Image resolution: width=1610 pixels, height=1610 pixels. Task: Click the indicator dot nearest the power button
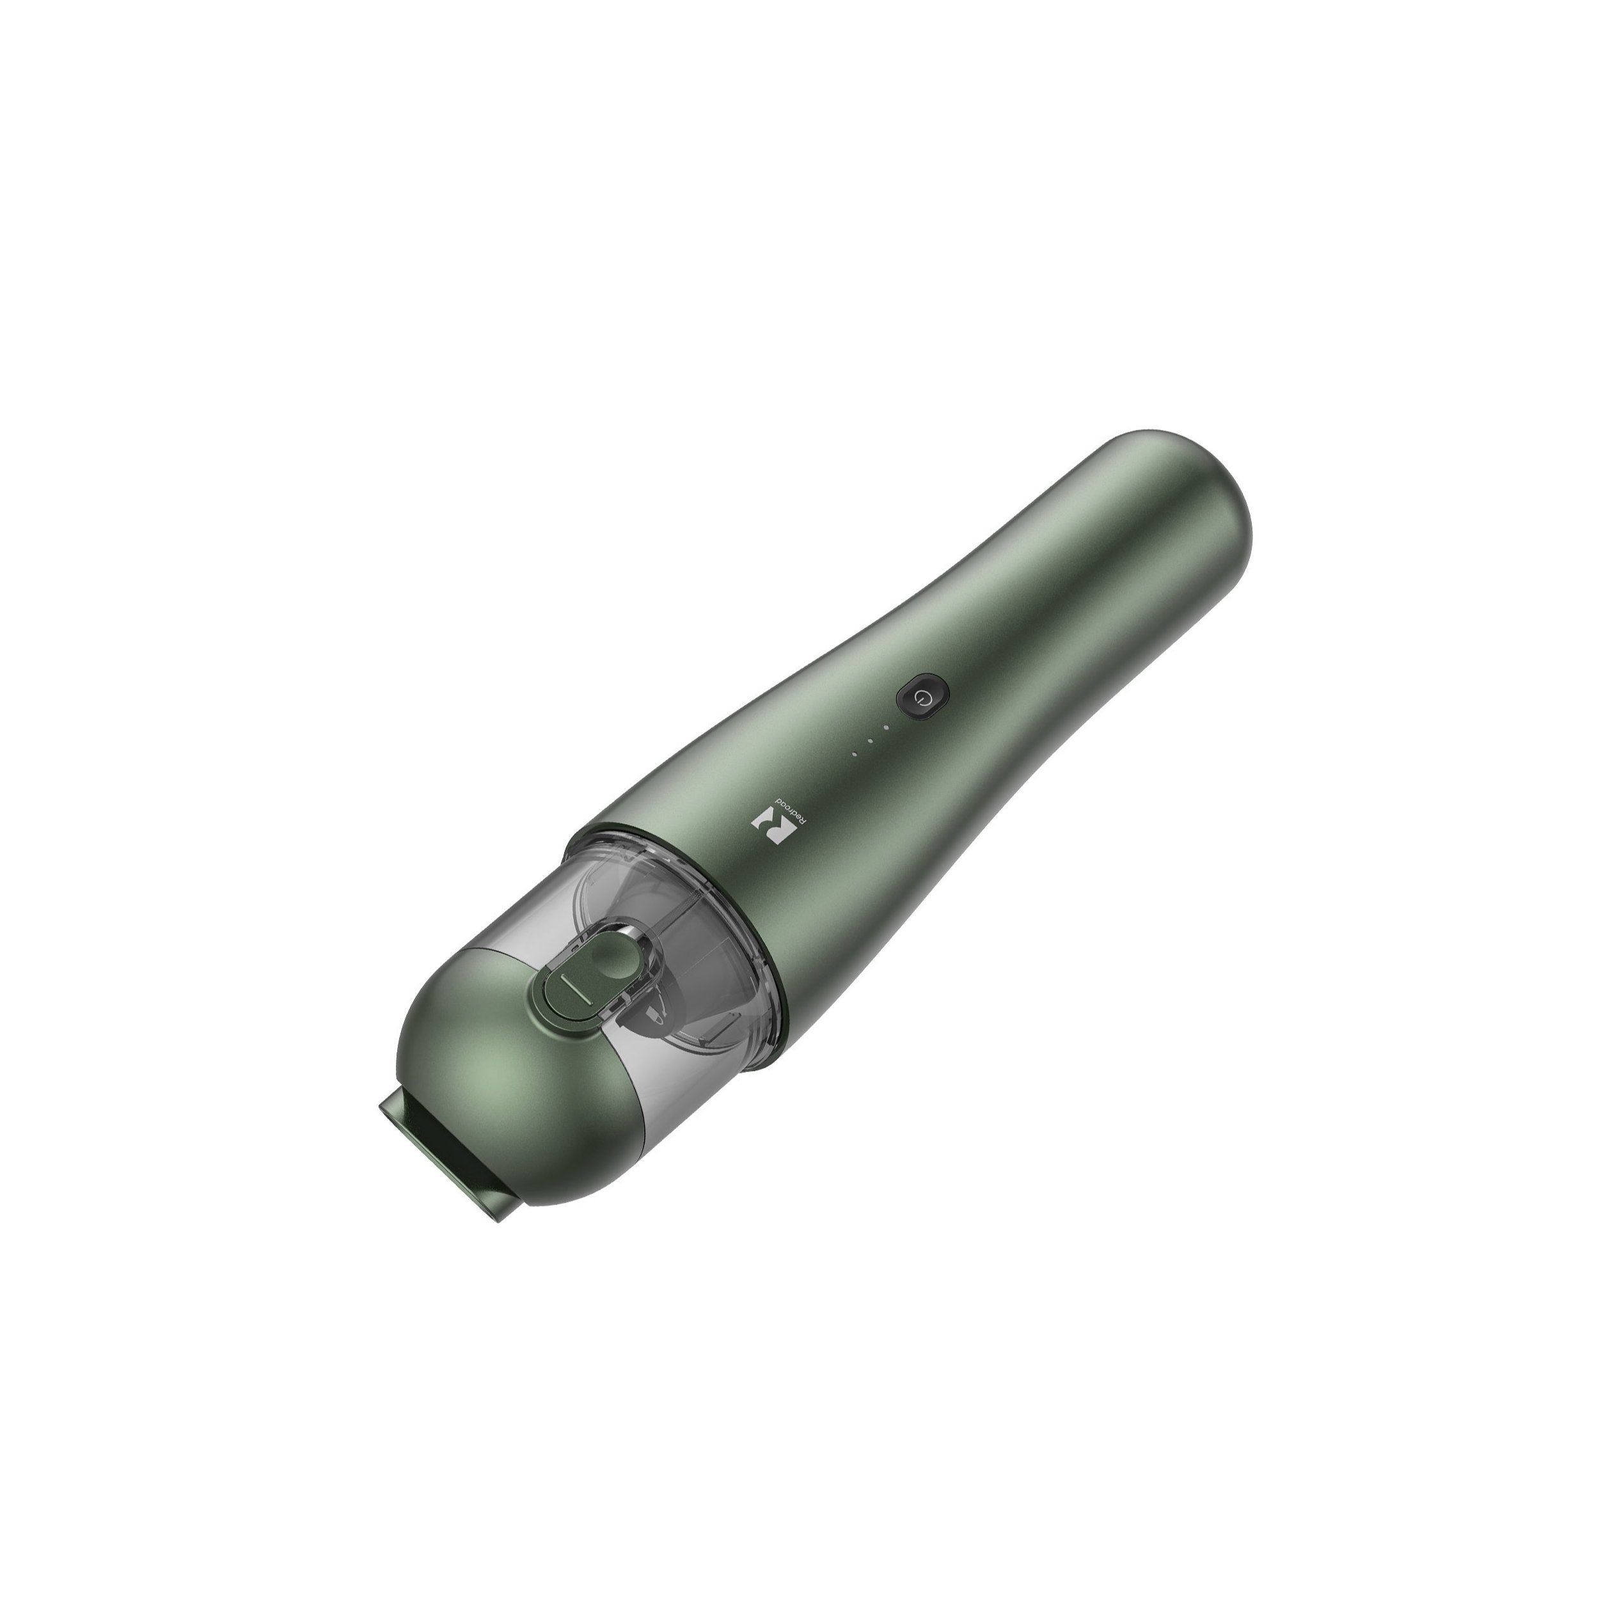click(x=887, y=727)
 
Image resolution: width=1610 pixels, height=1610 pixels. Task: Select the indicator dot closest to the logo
click(x=853, y=755)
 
